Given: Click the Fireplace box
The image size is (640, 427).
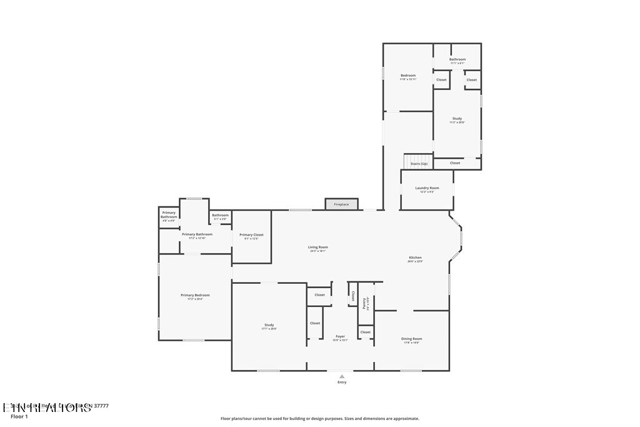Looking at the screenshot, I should pyautogui.click(x=341, y=204).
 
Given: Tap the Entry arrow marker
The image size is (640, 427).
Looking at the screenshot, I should pyautogui.click(x=342, y=376).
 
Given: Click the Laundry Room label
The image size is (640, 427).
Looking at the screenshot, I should pyautogui.click(x=427, y=188).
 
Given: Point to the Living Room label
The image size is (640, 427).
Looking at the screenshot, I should pyautogui.click(x=318, y=248).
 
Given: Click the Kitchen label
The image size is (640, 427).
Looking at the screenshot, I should pyautogui.click(x=416, y=258).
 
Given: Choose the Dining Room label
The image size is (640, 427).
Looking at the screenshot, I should pyautogui.click(x=411, y=339).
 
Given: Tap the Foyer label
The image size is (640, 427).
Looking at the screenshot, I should pyautogui.click(x=340, y=336).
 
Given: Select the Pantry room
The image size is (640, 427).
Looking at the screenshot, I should pyautogui.click(x=365, y=303).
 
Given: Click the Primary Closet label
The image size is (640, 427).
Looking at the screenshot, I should pyautogui.click(x=251, y=235).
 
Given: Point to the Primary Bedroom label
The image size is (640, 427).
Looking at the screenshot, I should pyautogui.click(x=195, y=295).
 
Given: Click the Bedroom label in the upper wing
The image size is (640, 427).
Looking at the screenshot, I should pyautogui.click(x=408, y=76).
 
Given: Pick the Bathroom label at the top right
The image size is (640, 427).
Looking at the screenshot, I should pyautogui.click(x=457, y=59).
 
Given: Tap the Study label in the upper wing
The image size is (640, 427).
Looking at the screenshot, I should pyautogui.click(x=457, y=118).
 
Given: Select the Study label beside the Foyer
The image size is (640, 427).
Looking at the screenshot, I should pyautogui.click(x=269, y=325).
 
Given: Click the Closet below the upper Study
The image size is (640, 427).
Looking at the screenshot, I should pyautogui.click(x=455, y=163).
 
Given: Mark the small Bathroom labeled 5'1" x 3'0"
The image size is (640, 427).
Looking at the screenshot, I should pyautogui.click(x=220, y=216).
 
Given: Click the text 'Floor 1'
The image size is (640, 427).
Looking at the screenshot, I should pyautogui.click(x=19, y=416).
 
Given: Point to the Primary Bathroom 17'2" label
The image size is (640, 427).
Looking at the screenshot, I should pyautogui.click(x=197, y=234).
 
